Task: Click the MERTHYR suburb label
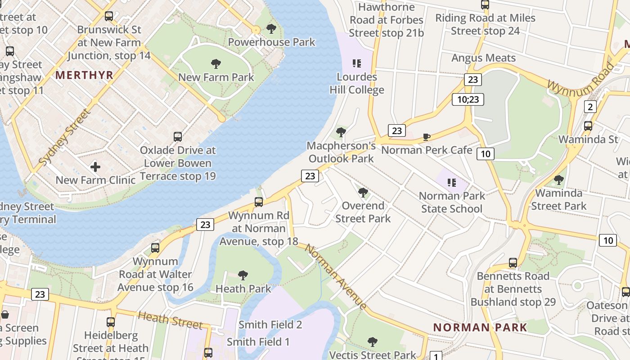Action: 84,75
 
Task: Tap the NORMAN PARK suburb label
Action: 480,327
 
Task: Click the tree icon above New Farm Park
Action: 216,64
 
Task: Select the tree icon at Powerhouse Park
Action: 271,29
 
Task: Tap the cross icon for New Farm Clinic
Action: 95,167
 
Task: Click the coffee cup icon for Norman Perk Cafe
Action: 427,137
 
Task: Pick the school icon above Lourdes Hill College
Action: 357,63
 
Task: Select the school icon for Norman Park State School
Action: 452,183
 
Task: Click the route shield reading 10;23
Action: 468,99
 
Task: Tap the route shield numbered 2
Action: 590,107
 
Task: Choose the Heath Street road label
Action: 170,319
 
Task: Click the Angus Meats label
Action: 483,58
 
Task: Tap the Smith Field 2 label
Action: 270,324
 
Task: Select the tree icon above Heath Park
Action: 243,274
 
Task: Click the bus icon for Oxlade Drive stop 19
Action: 178,137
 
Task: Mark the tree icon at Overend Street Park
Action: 363,193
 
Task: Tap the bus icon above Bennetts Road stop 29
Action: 513,263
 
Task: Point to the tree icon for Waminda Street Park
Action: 559,180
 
